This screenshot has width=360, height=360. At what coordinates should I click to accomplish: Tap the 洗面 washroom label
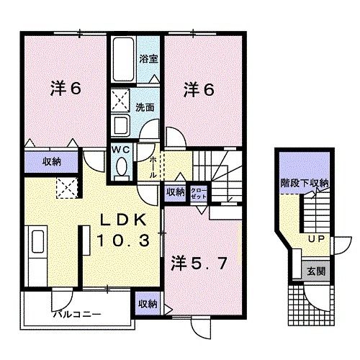[x=146, y=107]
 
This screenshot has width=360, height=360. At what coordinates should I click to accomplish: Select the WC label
[x=120, y=149]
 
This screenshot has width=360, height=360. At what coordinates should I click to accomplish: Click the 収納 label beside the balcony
[x=148, y=303]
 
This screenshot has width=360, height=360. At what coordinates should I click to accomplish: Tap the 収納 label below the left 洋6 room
[x=50, y=161]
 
